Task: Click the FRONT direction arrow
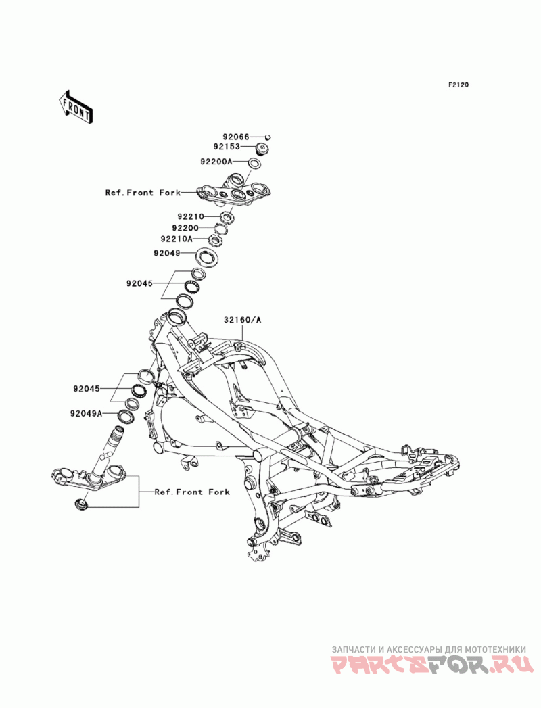76,107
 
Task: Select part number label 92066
236,137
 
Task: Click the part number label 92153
227,147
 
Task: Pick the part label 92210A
177,239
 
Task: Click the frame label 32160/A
242,320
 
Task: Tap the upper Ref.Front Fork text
143,193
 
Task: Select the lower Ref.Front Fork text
192,492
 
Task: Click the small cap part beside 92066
268,137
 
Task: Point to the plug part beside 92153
262,147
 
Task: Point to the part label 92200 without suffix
185,228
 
